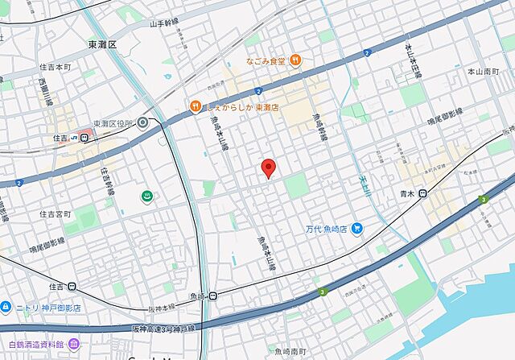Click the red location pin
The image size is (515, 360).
pyautogui.click(x=270, y=168)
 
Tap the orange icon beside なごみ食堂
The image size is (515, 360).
pyautogui.click(x=295, y=59)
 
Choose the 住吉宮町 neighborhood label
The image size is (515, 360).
pyautogui.click(x=56, y=213)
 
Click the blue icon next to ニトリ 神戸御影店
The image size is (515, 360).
pyautogui.click(x=6, y=307)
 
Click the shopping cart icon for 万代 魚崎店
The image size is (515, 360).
pyautogui.click(x=357, y=229)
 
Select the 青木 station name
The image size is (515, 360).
pyautogui.click(x=407, y=193)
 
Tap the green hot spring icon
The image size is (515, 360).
pyautogui.click(x=148, y=197)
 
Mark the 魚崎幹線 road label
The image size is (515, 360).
pyautogui.click(x=317, y=125)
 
